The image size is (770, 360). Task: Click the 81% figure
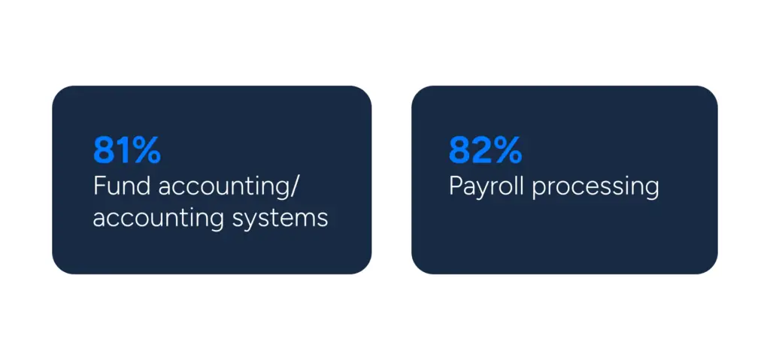coord(126,150)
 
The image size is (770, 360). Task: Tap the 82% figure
coord(485,150)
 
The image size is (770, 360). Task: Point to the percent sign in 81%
coord(144,150)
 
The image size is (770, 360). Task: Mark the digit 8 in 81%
coord(103,150)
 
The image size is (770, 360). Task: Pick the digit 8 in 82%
coord(459,150)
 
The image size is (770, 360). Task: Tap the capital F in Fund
coord(99,186)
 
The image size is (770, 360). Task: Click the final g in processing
coord(651,192)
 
